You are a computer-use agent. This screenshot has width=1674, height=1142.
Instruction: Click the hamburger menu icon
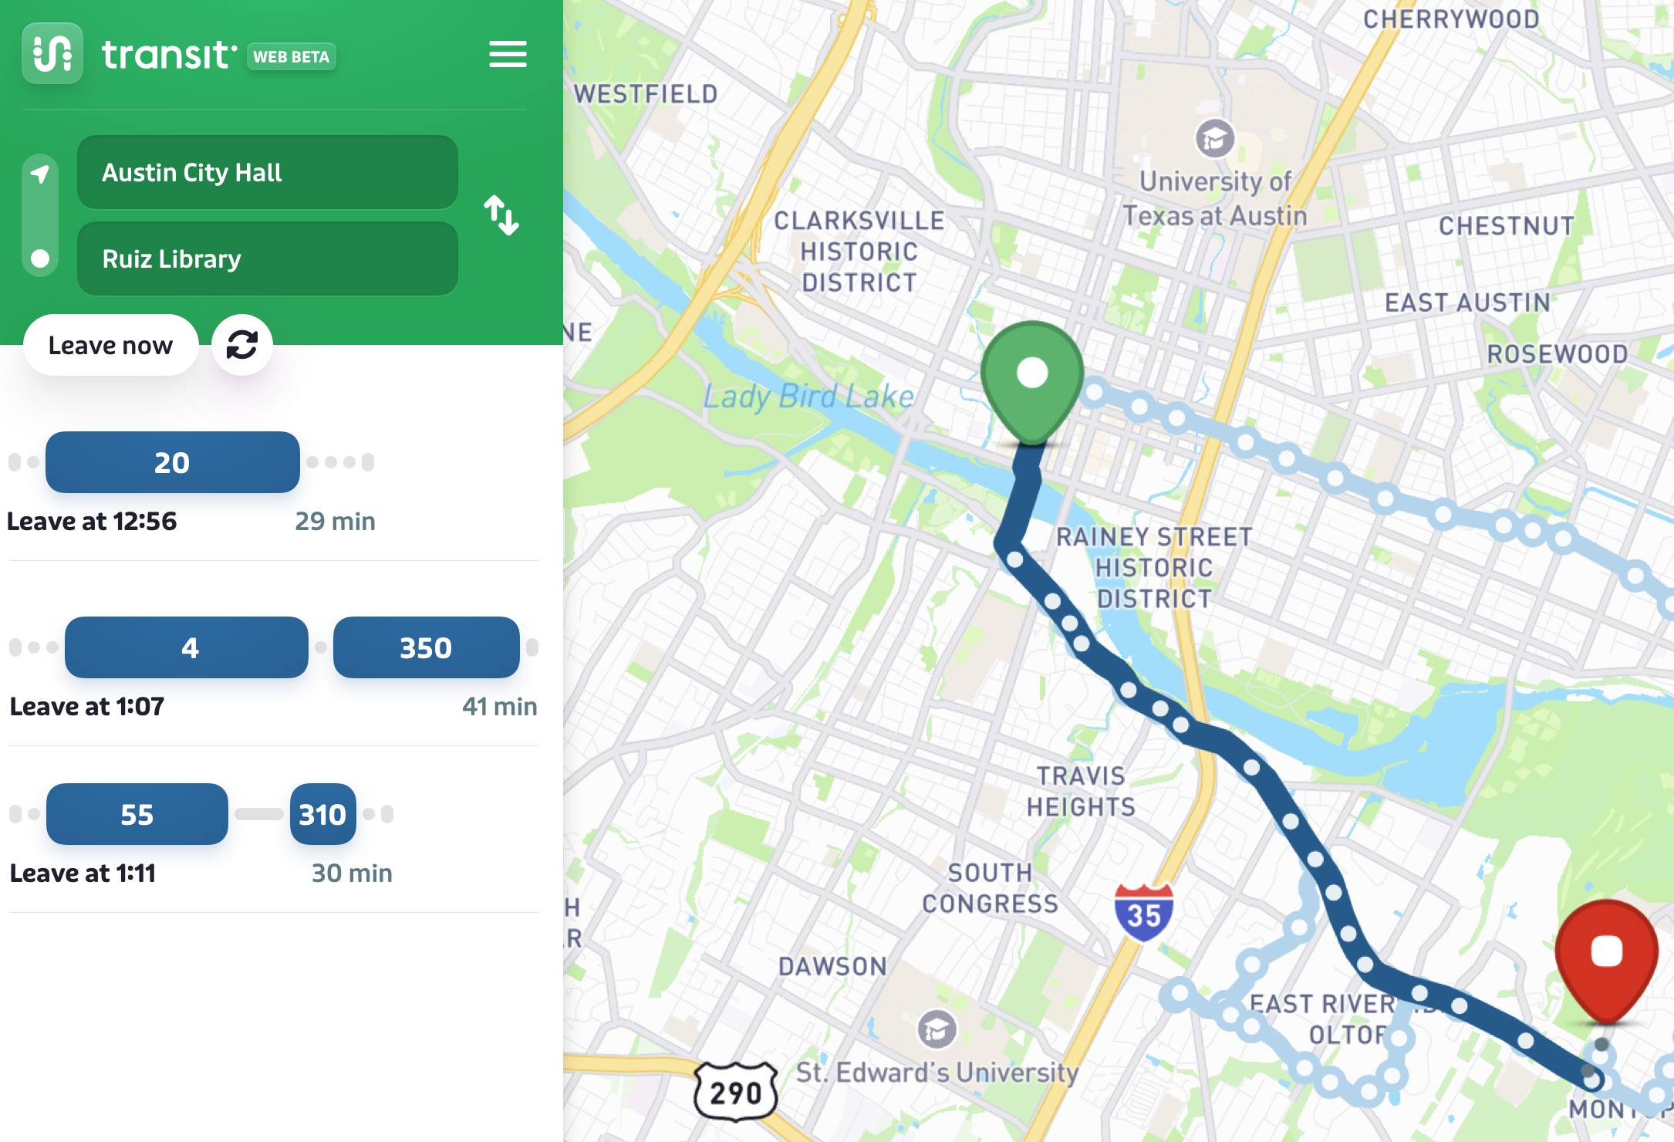tap(508, 54)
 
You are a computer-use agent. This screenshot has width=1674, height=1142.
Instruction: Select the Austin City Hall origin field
tap(267, 172)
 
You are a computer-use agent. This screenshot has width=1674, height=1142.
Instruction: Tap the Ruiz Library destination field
tap(267, 258)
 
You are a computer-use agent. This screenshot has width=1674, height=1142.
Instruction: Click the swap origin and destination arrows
tap(501, 215)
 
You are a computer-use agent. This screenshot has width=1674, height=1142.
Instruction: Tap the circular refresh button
tap(242, 345)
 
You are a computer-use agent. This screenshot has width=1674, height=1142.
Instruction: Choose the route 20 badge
tap(172, 462)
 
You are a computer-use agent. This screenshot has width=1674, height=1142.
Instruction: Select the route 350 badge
tap(426, 647)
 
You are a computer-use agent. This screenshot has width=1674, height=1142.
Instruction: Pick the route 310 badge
tap(322, 814)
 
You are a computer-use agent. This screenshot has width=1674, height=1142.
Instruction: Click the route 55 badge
tap(137, 814)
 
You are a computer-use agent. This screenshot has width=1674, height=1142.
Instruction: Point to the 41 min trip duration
tap(499, 706)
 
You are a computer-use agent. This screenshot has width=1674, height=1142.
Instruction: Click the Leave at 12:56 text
tap(92, 522)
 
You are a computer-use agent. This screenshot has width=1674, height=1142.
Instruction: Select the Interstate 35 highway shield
tap(1143, 913)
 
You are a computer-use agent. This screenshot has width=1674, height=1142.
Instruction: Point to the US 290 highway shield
tap(736, 1092)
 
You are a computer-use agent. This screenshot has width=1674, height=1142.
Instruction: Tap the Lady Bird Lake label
tap(808, 397)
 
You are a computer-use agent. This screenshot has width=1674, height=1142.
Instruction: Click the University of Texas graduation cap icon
tap(1214, 139)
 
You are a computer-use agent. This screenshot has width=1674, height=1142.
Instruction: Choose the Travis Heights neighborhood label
tap(1081, 791)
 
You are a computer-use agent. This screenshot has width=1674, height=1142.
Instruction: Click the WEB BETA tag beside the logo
tap(291, 56)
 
